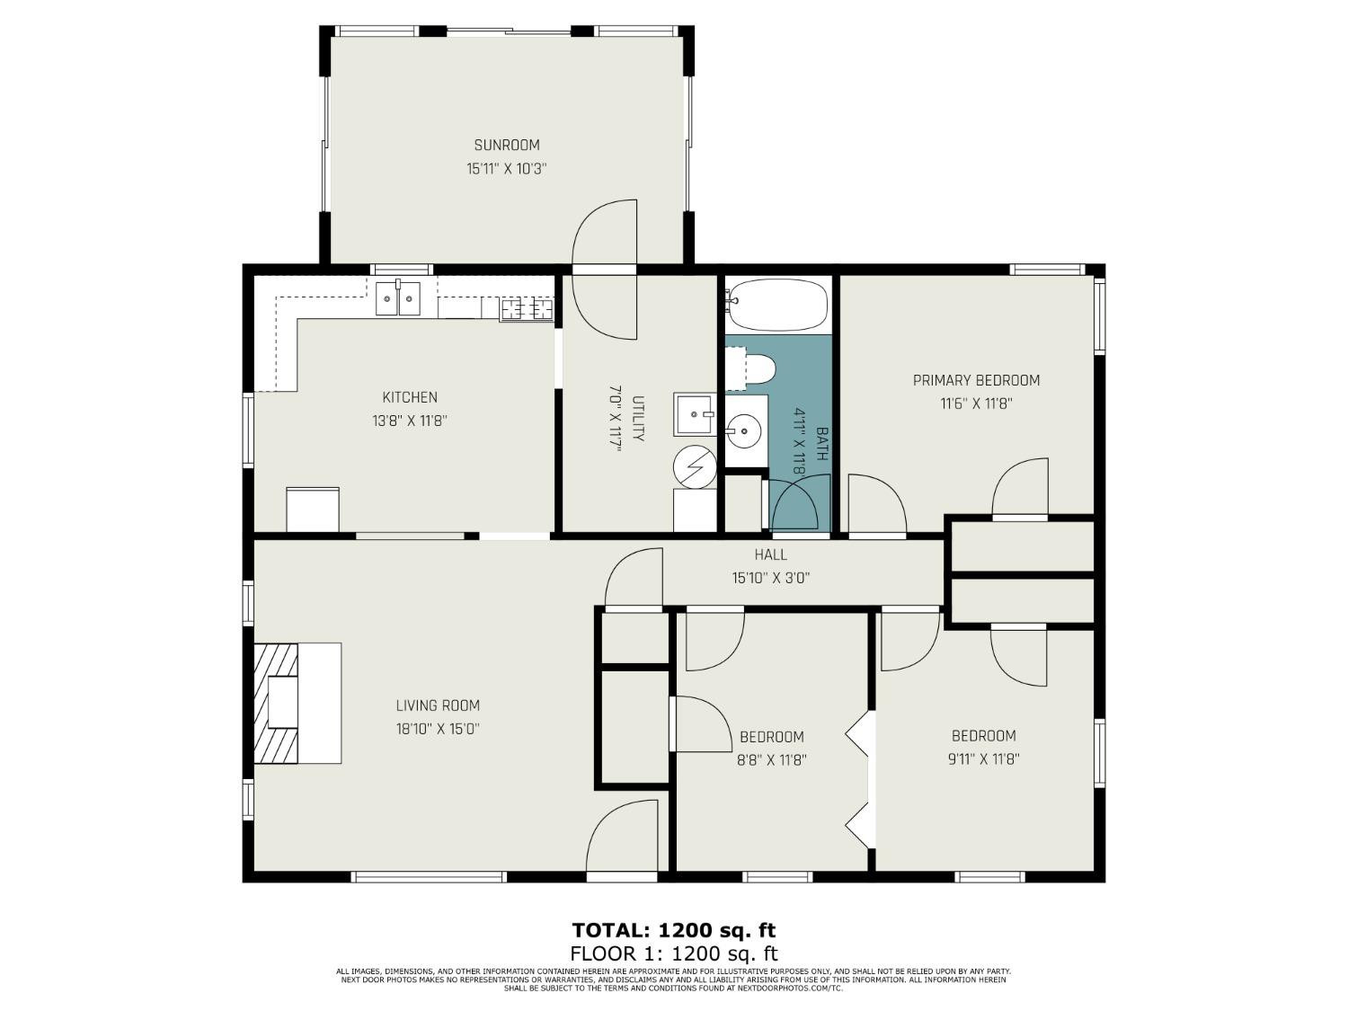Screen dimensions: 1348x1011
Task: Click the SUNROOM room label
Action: pyautogui.click(x=507, y=146)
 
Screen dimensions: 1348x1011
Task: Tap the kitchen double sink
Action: pyautogui.click(x=398, y=298)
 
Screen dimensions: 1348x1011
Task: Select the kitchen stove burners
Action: pyautogui.click(x=527, y=309)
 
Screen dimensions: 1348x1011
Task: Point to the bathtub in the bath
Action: pyautogui.click(x=776, y=305)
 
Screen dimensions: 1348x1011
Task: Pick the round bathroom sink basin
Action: pyautogui.click(x=744, y=430)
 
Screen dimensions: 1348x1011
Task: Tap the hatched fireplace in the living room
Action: pyautogui.click(x=276, y=703)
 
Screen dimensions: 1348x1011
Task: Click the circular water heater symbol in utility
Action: pyautogui.click(x=695, y=467)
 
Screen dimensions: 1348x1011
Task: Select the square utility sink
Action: pyautogui.click(x=695, y=414)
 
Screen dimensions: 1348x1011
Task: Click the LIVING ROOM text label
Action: pyautogui.click(x=438, y=705)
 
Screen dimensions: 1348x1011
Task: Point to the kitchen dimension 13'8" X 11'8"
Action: pyautogui.click(x=410, y=421)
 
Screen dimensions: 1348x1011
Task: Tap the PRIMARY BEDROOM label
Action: pyautogui.click(x=977, y=380)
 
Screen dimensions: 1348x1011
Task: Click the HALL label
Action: pyautogui.click(x=771, y=554)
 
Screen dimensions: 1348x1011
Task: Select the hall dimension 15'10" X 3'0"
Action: pyautogui.click(x=771, y=578)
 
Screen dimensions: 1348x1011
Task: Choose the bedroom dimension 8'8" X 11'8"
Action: pyautogui.click(x=771, y=760)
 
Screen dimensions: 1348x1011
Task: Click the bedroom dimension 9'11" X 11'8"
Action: pyautogui.click(x=984, y=759)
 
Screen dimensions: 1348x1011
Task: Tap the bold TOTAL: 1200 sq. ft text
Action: pyautogui.click(x=674, y=930)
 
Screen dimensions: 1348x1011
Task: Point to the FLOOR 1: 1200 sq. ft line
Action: pyautogui.click(x=674, y=953)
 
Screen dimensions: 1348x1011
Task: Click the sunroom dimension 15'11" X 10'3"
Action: pyautogui.click(x=507, y=169)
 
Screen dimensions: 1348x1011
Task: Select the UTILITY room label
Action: pyautogui.click(x=639, y=419)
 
